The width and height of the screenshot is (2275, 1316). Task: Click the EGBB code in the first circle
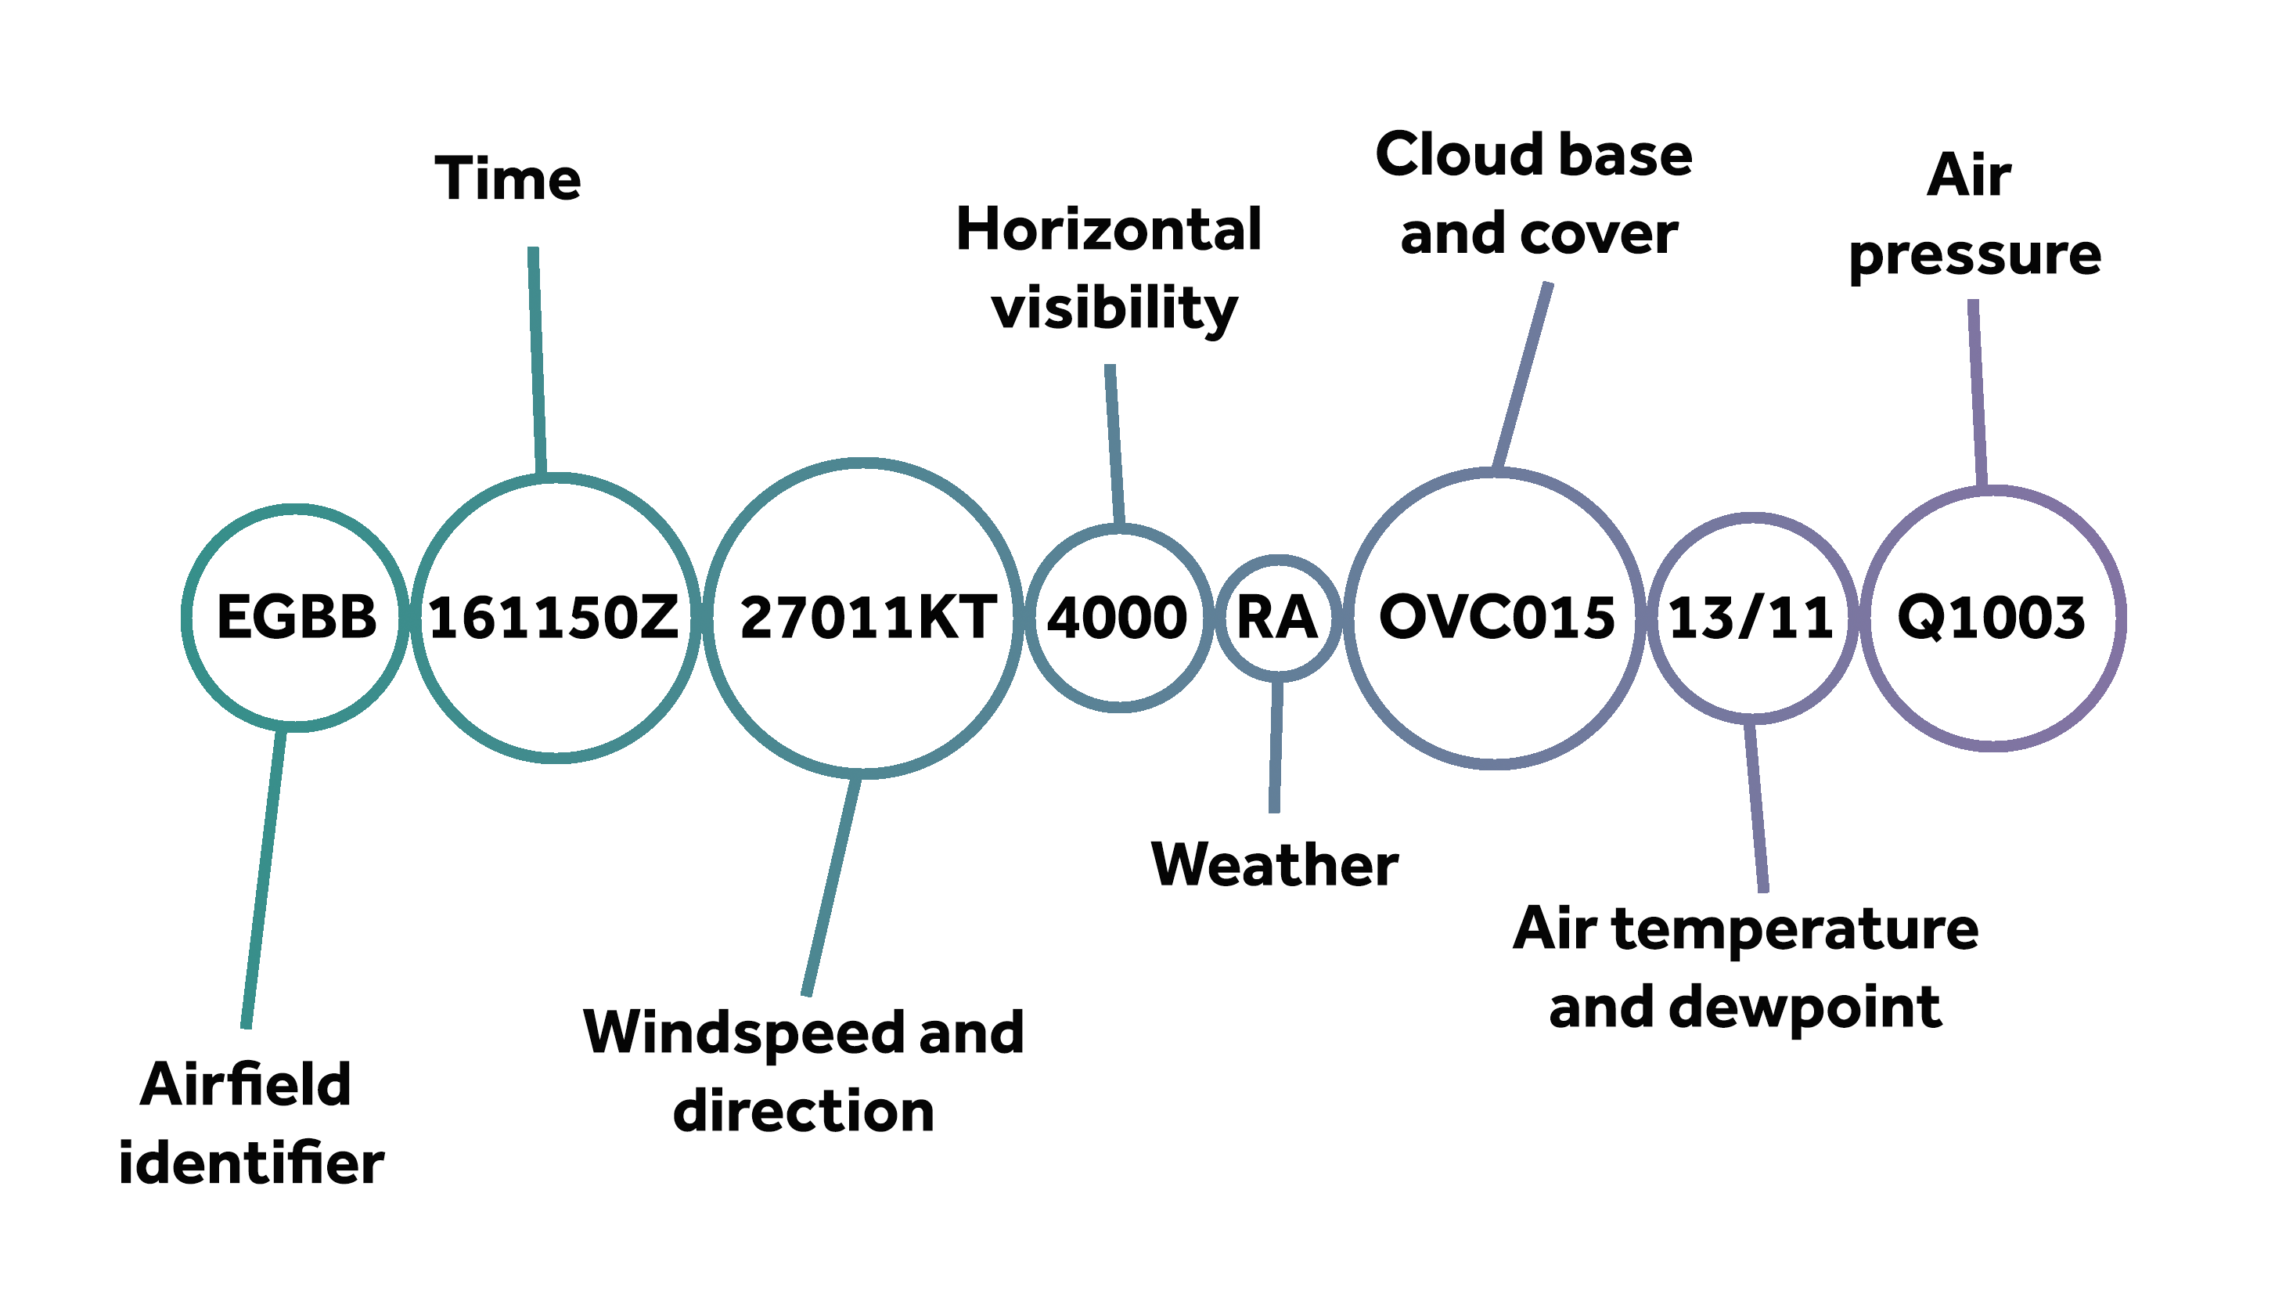coord(296,618)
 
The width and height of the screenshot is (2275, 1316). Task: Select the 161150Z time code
coord(553,618)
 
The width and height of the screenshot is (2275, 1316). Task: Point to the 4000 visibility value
coord(1117,618)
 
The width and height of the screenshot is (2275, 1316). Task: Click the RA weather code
coord(1276,618)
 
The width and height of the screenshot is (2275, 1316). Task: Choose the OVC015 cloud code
coord(1496,618)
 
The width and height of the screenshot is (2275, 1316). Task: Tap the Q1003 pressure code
coord(1991,618)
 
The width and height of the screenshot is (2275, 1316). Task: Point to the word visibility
coord(1114,309)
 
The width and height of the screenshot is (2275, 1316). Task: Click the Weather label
coord(1274,864)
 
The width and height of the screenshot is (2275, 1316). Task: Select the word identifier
coord(251,1163)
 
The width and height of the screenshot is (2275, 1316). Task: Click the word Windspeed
coord(742,1033)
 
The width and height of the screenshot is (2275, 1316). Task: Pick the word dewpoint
coord(1805,1007)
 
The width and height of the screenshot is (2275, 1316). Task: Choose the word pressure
coord(1974,256)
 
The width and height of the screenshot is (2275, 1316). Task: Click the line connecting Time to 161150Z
coord(537,361)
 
